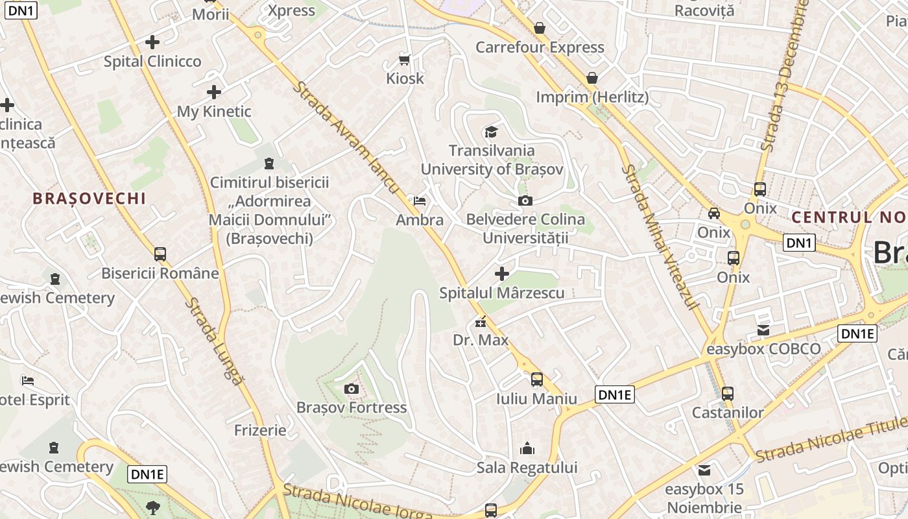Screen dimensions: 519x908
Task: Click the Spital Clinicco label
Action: (x=152, y=62)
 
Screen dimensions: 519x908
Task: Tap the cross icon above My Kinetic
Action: (x=214, y=92)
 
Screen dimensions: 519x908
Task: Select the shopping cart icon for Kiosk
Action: (x=405, y=60)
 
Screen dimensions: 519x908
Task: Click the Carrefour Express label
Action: (x=540, y=47)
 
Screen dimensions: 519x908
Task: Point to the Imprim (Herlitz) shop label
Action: (x=592, y=97)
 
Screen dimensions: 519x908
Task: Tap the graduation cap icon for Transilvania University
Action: (x=492, y=132)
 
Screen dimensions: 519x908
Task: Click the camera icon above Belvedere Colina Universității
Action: (x=525, y=200)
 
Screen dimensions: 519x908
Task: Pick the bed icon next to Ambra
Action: (x=420, y=200)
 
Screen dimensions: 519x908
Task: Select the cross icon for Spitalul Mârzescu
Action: (x=501, y=274)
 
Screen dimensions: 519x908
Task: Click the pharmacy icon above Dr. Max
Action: (x=481, y=321)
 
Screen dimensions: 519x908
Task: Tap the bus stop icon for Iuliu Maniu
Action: (x=537, y=380)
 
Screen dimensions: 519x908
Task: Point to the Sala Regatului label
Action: (x=527, y=468)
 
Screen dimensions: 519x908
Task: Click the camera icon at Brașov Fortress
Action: (x=352, y=389)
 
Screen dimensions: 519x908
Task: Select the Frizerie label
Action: (x=260, y=430)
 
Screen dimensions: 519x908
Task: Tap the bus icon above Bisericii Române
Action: (x=160, y=254)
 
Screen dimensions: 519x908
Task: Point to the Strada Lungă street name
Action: (x=213, y=341)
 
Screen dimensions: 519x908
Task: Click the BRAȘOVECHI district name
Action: (x=90, y=199)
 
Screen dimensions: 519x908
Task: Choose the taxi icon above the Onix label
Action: (x=714, y=213)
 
